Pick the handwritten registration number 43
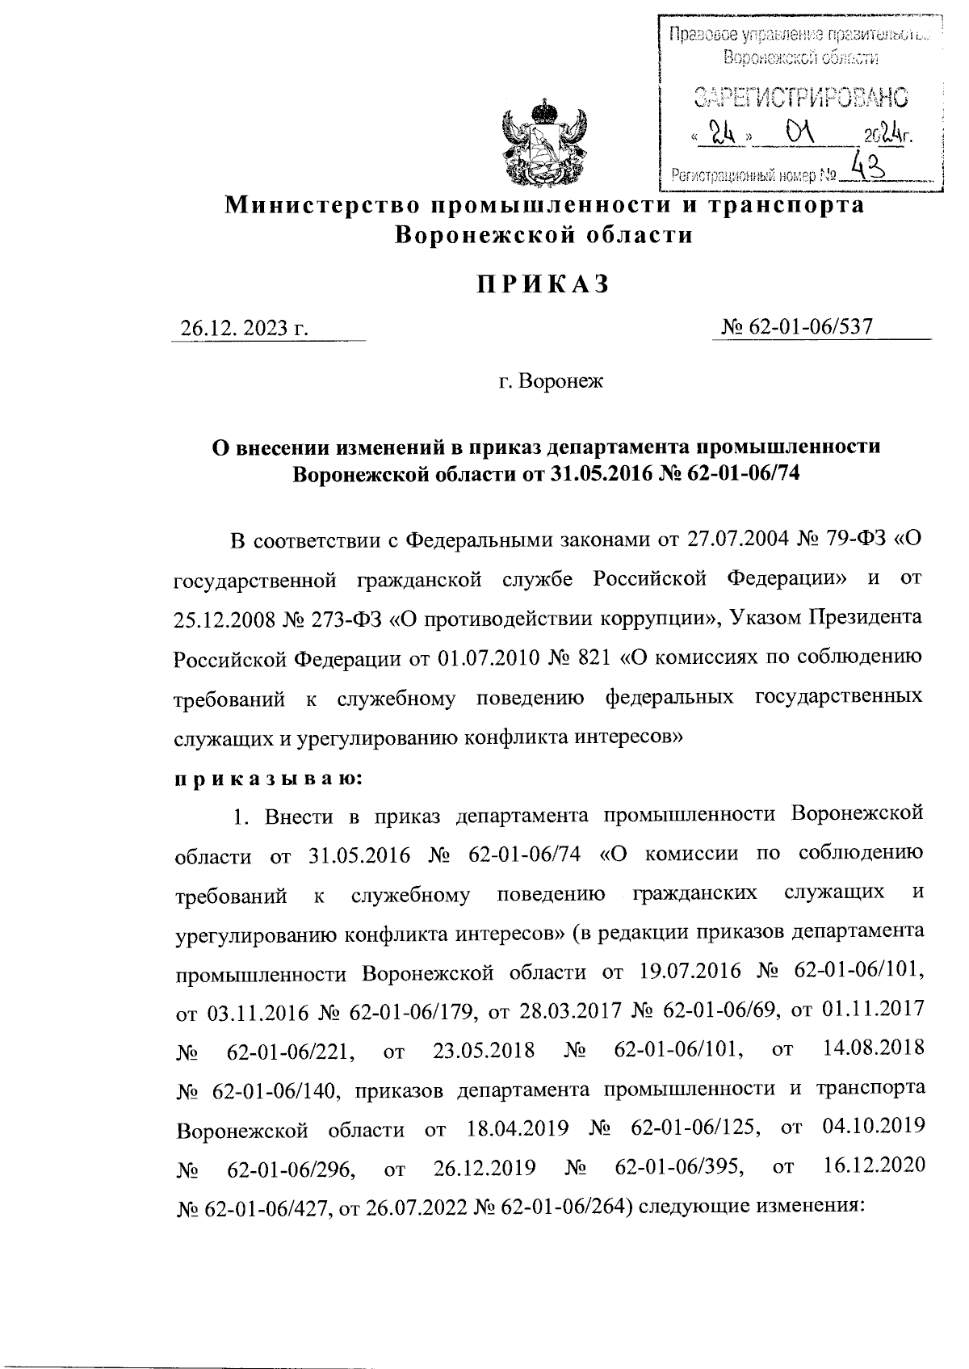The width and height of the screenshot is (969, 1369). point(865,168)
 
